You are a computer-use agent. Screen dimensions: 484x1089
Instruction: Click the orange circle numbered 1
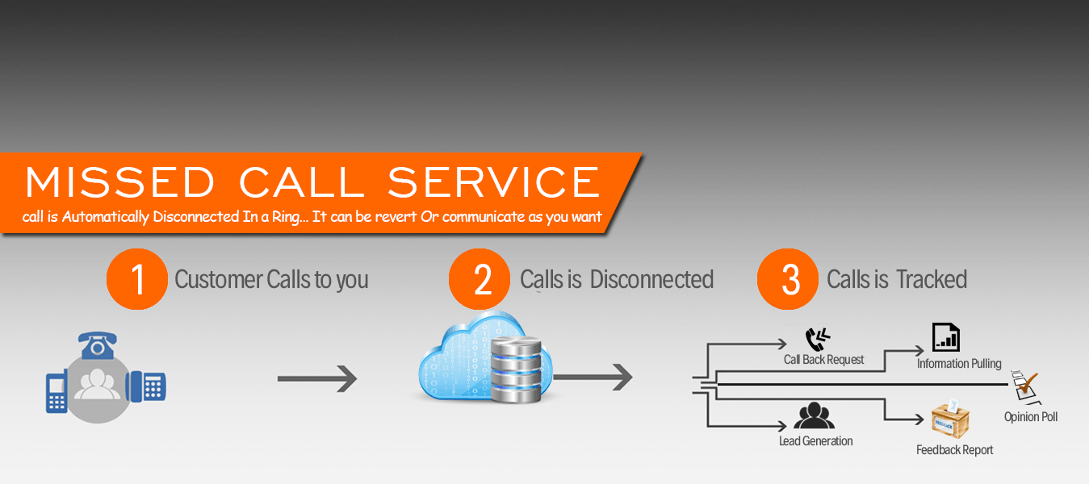coord(137,279)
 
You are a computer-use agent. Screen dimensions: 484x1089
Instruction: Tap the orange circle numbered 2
coord(480,279)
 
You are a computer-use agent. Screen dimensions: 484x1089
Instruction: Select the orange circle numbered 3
coord(788,279)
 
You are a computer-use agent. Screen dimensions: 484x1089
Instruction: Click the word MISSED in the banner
coord(119,182)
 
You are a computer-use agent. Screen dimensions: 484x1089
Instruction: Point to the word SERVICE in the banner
coord(493,182)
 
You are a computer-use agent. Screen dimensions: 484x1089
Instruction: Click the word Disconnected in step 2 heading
coord(651,280)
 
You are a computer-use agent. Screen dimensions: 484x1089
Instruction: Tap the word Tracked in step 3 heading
coord(931,280)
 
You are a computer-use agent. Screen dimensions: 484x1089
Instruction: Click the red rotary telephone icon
coord(98,344)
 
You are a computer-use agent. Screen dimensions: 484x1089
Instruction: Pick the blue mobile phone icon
coord(57,392)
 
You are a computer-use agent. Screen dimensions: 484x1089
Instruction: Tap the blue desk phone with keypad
coord(147,386)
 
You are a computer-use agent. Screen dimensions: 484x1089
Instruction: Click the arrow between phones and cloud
coord(316,378)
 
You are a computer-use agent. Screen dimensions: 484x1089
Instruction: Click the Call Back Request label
coord(823,360)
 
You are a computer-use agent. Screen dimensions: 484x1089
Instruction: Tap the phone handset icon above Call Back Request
coord(817,339)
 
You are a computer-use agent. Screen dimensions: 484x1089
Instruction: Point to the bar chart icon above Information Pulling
coord(945,337)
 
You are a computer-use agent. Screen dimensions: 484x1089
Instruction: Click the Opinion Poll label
coord(1030,417)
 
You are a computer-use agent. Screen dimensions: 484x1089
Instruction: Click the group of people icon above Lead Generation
coord(814,415)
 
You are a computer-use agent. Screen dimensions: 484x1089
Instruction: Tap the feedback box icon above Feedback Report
coord(949,419)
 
